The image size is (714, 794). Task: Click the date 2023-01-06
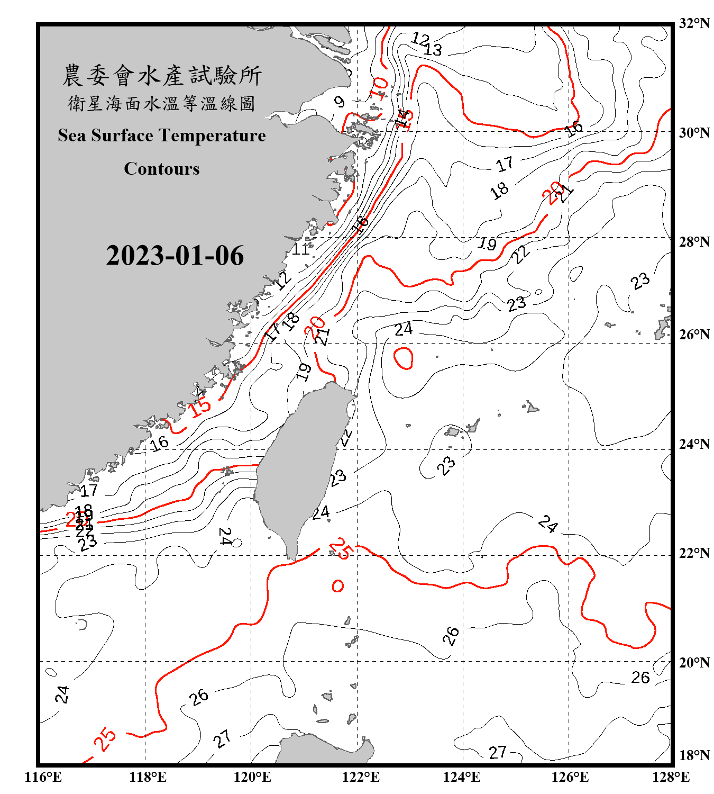175,256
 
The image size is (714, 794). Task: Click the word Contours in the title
161,169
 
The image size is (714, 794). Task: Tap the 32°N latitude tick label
694,23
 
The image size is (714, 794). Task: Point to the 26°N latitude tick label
694,335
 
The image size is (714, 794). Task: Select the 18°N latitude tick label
694,755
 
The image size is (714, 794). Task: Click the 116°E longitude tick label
43,777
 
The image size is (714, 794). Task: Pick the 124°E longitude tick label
462,777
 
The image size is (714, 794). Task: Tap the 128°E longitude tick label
671,777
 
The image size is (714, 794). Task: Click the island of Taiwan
299,466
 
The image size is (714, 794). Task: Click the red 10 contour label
379,88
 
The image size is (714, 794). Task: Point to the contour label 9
340,102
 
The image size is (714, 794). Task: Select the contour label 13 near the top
433,50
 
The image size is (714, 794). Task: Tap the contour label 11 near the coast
301,249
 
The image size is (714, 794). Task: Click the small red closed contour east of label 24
404,358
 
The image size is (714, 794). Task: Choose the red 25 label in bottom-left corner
105,738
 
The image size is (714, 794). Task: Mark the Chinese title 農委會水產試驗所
161,76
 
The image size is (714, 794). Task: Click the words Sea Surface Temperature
161,136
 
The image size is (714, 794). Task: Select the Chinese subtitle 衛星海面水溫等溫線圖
161,104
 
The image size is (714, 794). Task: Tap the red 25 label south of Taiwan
341,548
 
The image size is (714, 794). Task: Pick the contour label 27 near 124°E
497,752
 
